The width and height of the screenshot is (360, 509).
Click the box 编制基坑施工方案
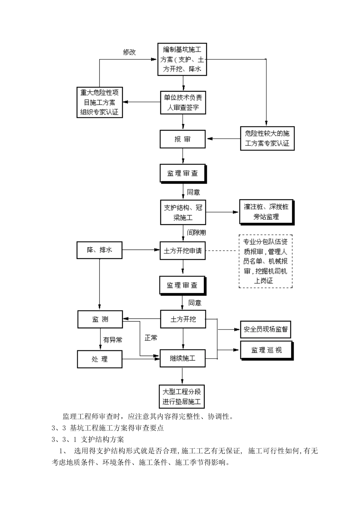[182, 59]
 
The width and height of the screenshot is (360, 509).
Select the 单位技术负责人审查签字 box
[183, 102]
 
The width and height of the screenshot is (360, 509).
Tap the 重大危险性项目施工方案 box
[100, 102]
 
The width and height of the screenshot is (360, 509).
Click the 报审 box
[183, 139]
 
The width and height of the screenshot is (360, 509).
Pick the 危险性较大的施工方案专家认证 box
[267, 138]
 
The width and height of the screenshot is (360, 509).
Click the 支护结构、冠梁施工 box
[183, 213]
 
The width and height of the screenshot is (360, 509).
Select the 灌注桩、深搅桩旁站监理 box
[266, 212]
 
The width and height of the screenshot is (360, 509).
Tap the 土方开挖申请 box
[183, 251]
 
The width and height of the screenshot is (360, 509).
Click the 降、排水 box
[100, 250]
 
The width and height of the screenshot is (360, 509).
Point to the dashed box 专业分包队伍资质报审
[265, 261]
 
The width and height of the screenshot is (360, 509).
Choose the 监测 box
[100, 319]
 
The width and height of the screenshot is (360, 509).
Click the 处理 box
[100, 359]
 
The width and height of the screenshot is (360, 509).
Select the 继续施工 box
[183, 358]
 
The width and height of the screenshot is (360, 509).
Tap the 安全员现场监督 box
[266, 329]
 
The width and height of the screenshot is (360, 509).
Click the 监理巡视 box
[266, 350]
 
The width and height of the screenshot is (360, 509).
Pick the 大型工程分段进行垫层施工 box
[182, 397]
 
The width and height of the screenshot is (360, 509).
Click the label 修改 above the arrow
[129, 52]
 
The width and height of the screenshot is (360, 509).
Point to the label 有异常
[113, 340]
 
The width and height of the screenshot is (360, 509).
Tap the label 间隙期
[197, 232]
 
